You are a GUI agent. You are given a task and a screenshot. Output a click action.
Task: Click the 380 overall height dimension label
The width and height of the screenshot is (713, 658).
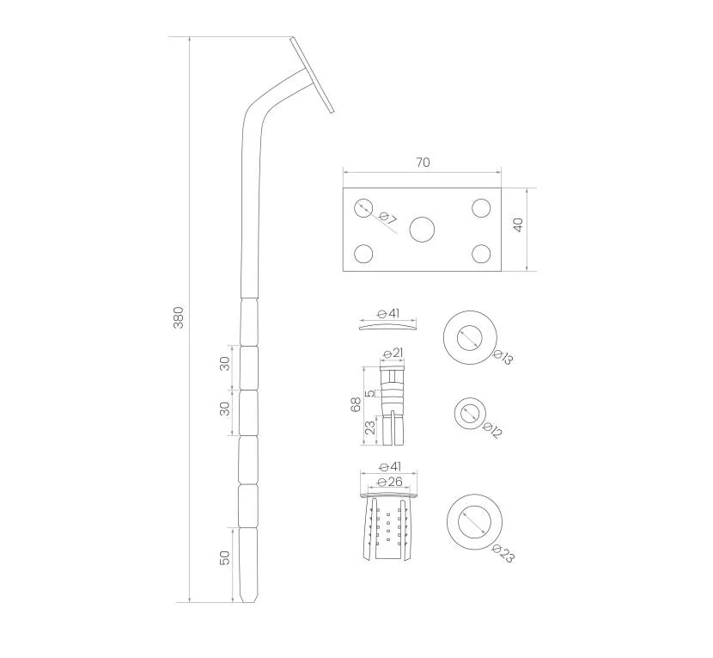click(x=179, y=318)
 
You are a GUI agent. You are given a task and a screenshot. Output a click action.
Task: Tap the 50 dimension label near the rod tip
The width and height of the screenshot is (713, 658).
click(x=224, y=558)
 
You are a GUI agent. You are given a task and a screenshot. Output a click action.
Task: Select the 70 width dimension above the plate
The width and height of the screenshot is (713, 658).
click(x=423, y=162)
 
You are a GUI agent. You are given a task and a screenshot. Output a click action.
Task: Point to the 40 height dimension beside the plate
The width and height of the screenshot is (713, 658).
click(x=518, y=225)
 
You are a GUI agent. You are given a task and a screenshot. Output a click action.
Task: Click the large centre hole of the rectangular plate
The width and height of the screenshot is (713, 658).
click(x=422, y=229)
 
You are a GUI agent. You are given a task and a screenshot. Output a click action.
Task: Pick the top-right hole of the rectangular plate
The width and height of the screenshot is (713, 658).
click(x=481, y=208)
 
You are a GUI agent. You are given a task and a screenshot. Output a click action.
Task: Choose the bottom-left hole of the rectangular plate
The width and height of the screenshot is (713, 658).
click(x=363, y=254)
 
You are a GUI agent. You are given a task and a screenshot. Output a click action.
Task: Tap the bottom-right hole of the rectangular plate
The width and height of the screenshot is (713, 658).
click(x=481, y=254)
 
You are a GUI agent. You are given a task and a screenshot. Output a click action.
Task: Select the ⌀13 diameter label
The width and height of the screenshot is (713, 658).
click(x=503, y=357)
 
